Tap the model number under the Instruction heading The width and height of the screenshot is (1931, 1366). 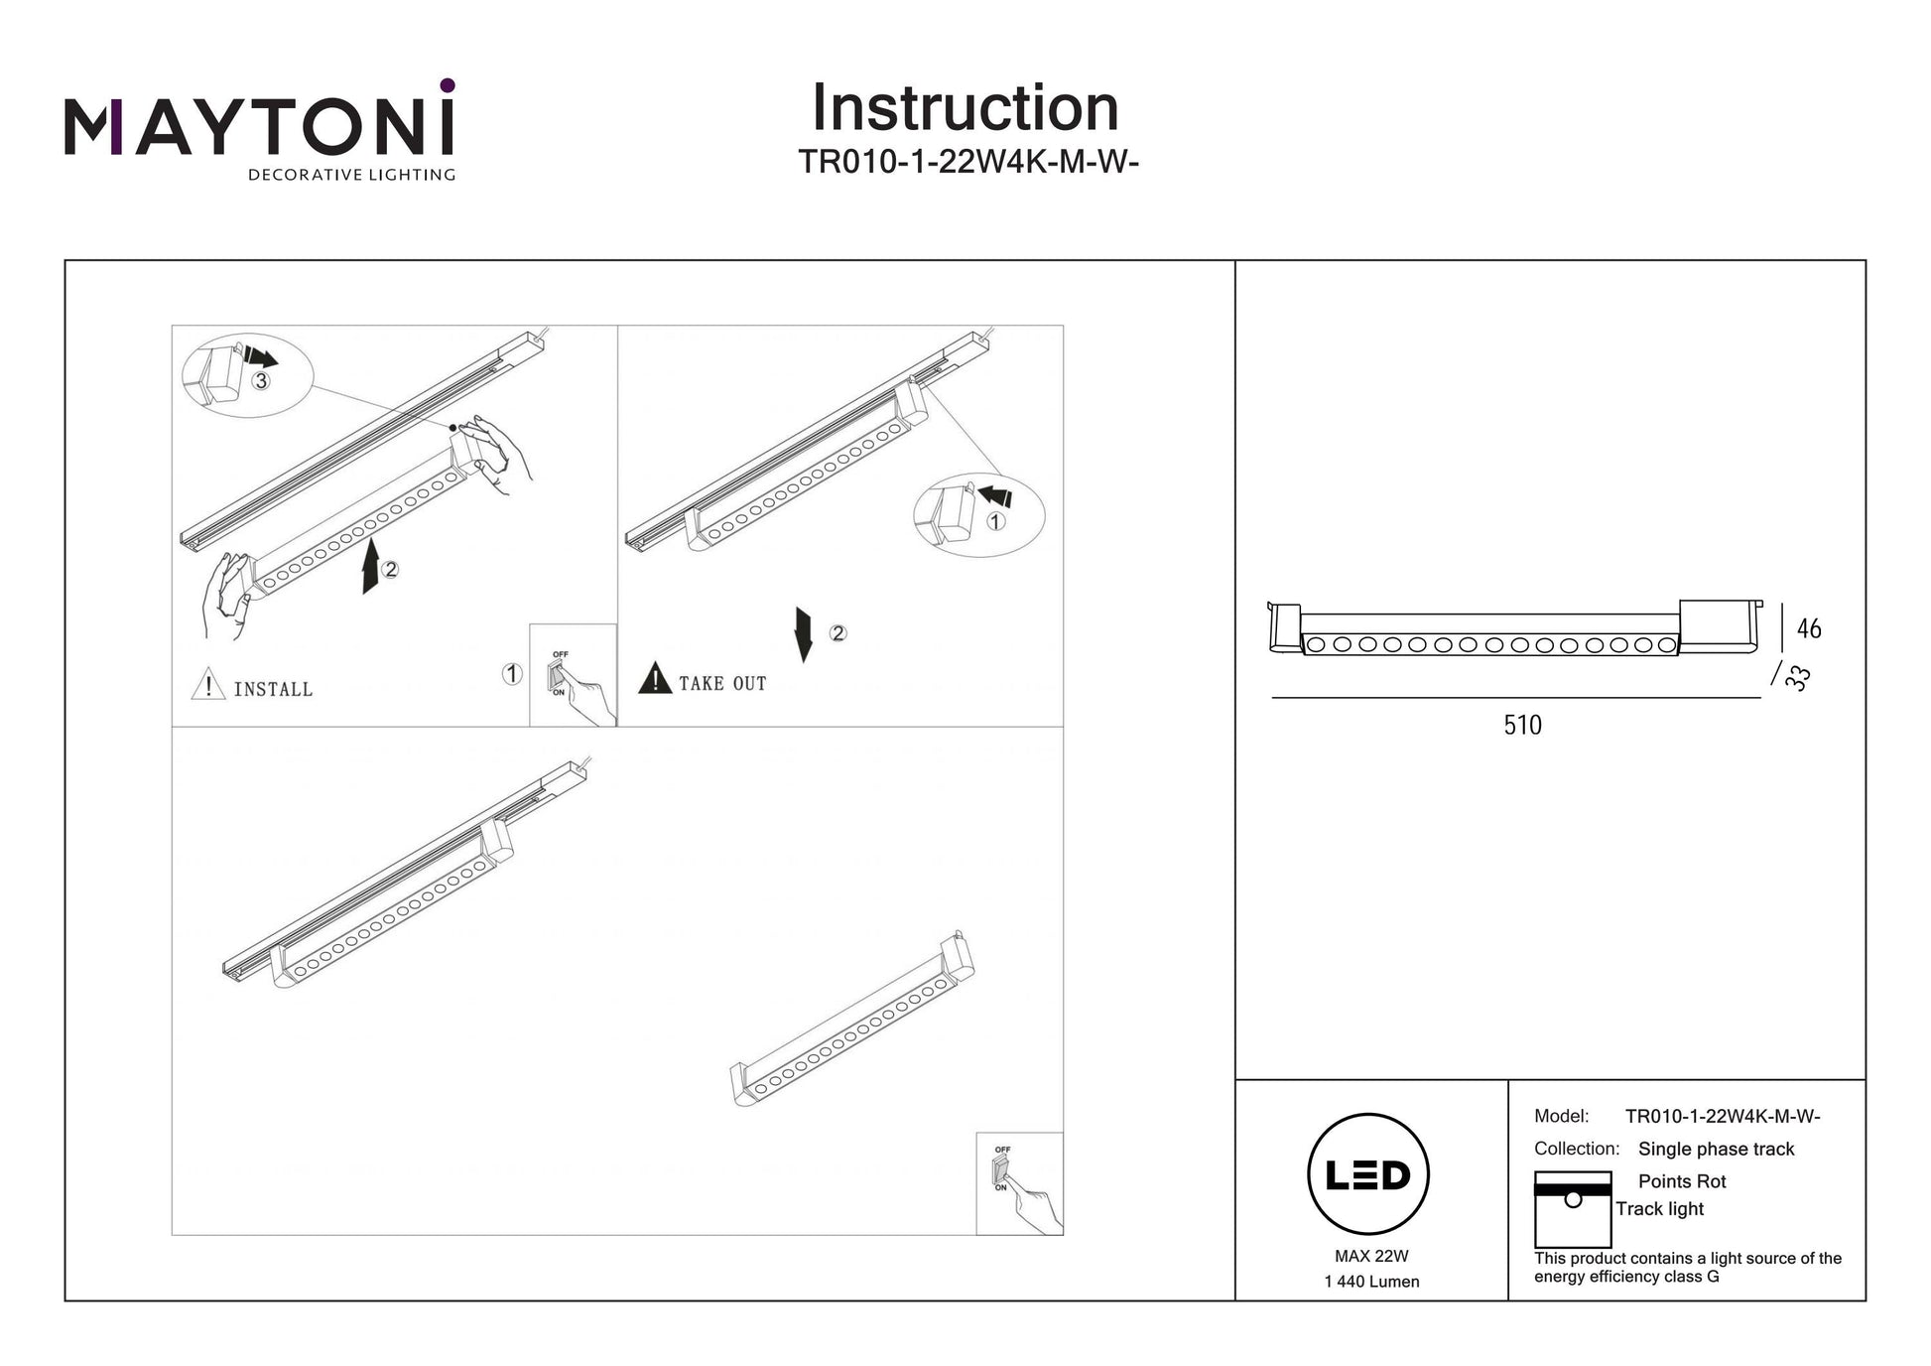[967, 162]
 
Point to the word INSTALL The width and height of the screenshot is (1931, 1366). [273, 689]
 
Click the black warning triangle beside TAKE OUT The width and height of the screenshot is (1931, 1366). [655, 679]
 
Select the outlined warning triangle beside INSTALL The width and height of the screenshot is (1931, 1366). [207, 685]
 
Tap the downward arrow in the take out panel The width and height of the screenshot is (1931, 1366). [804, 634]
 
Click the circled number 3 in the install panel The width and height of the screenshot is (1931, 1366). [260, 381]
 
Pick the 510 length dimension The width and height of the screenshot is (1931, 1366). [1522, 726]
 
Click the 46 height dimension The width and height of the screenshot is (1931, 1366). [1809, 629]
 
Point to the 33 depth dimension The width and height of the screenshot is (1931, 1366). [1798, 678]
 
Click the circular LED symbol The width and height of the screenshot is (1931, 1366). [1368, 1174]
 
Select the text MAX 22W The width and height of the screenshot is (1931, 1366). [1371, 1257]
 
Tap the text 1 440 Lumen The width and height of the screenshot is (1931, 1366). [1371, 1282]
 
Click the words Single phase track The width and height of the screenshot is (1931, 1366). [1716, 1150]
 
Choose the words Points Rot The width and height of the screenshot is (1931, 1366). [1682, 1181]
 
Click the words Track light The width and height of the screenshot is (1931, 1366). [1659, 1209]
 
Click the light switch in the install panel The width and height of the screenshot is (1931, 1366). [559, 674]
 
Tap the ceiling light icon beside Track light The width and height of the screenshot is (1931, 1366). [1572, 1209]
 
